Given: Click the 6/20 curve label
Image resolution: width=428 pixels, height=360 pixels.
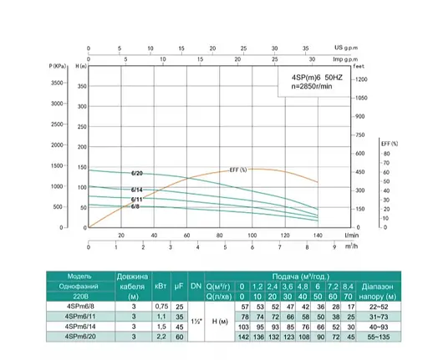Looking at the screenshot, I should click(x=137, y=173).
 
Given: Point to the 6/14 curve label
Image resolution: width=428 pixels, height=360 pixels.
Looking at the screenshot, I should click(x=137, y=191).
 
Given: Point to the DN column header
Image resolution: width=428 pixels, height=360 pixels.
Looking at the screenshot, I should click(x=196, y=286).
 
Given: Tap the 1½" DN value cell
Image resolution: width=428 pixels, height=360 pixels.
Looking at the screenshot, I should click(x=196, y=321).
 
